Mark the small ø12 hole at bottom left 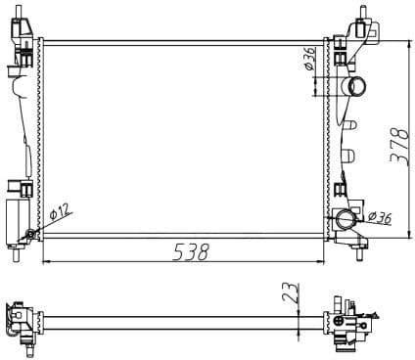click(31, 234)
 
